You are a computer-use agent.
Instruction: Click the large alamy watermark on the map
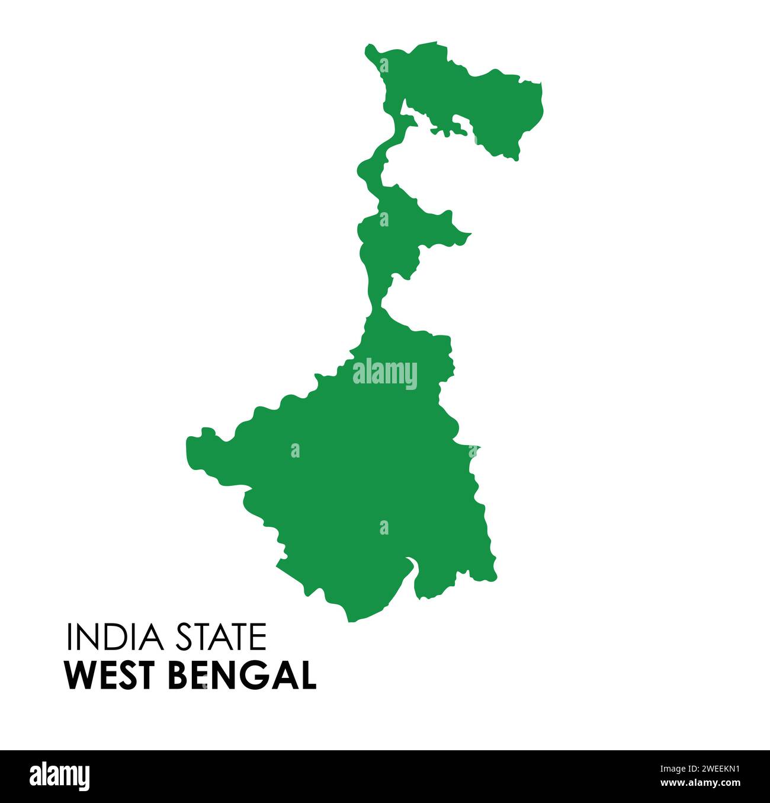point(385,373)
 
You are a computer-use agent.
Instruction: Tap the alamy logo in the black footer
point(60,776)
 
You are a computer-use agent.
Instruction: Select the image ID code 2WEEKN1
point(705,769)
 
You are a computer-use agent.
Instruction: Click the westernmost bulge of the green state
point(193,444)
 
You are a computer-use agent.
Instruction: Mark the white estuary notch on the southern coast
point(410,566)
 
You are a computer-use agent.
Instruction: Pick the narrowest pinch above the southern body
point(376,306)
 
